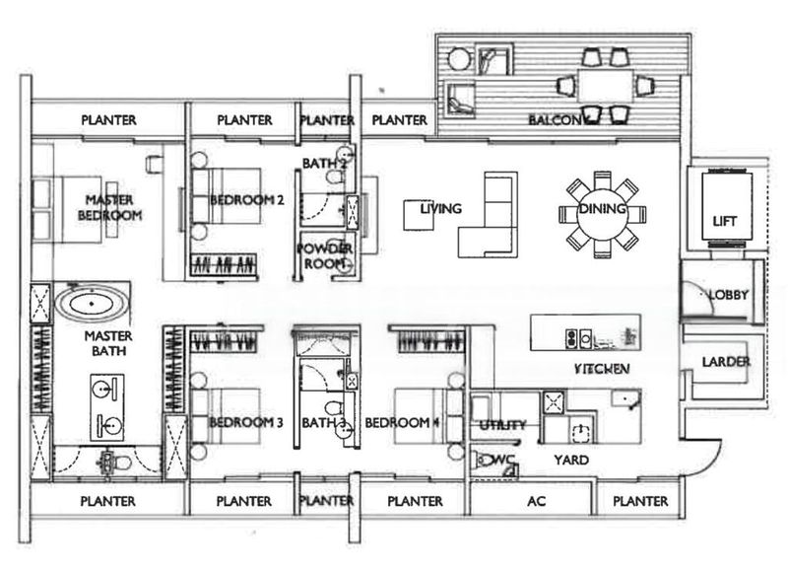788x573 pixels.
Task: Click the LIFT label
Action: coord(724,222)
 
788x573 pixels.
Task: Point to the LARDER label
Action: coord(726,362)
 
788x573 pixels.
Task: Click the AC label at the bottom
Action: coord(536,501)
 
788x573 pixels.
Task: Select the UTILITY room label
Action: coord(502,425)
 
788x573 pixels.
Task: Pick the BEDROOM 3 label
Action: coord(246,422)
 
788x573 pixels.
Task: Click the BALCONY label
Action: coord(558,120)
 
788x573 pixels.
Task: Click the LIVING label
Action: coord(440,208)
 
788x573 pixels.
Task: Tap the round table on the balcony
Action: coord(458,60)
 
